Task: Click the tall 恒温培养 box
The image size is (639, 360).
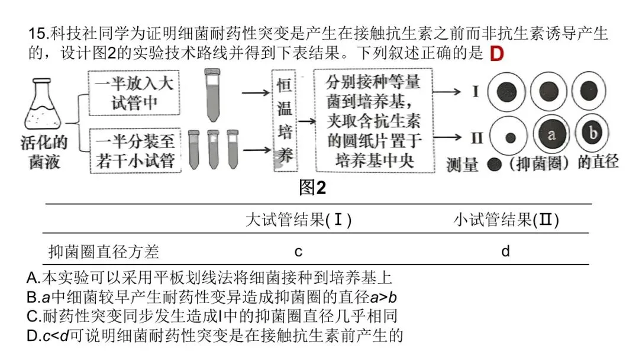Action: tap(282, 121)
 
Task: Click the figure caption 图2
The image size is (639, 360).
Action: tap(312, 188)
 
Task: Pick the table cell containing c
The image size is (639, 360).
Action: tap(299, 252)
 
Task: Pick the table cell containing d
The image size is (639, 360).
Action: tap(505, 252)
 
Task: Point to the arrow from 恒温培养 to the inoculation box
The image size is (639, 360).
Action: tap(306, 121)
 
